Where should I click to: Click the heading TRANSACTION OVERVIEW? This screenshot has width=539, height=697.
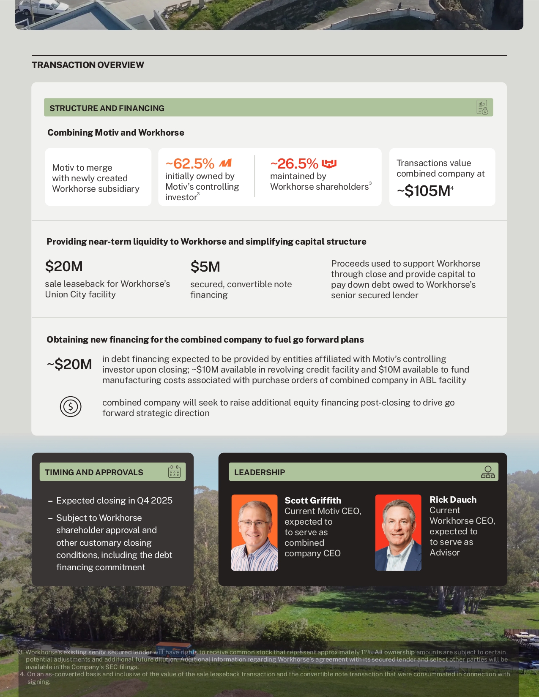coord(88,65)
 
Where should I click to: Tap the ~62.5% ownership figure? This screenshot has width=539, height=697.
coord(190,163)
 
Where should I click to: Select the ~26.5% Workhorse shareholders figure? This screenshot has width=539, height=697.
coord(294,163)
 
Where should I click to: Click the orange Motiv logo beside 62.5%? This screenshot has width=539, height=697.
coord(225,163)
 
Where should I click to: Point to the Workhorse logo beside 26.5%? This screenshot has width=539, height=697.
coord(329,163)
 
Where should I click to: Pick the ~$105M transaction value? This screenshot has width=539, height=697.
coord(424,191)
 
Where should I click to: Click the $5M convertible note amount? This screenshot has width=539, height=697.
coord(205,267)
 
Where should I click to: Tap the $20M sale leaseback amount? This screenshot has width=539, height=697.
coord(64,267)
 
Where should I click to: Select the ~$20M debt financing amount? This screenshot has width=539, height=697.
coord(69,364)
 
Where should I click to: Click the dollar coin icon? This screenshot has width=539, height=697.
coord(71,407)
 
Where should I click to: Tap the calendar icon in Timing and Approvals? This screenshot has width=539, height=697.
coord(174,472)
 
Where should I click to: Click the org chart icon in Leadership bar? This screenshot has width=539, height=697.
coord(488,472)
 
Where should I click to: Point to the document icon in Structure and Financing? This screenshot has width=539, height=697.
coord(482,107)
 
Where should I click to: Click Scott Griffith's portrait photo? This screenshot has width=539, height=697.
coord(254,532)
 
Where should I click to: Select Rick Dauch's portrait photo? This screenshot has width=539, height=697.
coord(398,532)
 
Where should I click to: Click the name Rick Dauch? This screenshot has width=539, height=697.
coord(453,500)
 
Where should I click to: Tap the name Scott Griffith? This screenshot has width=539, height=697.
coord(313,501)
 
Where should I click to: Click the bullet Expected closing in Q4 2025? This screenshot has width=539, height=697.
coord(114,501)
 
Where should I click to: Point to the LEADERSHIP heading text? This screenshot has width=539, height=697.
coord(260,472)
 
